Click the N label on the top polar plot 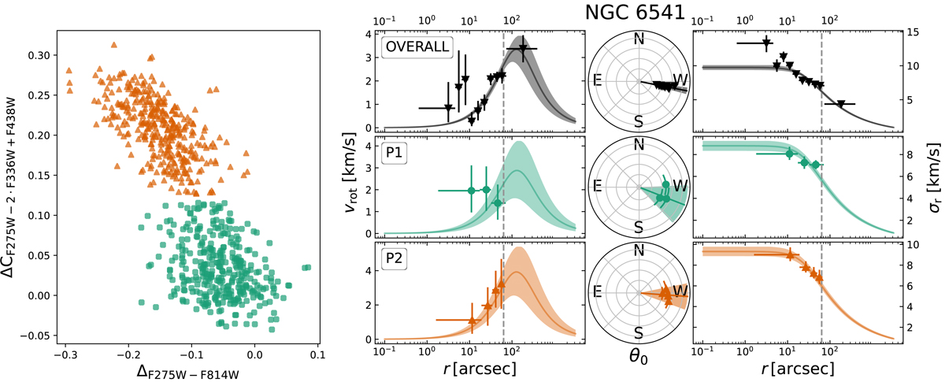click(639, 39)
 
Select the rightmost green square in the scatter click(307, 268)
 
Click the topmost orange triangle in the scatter click(114, 46)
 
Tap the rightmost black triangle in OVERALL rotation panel click(522, 49)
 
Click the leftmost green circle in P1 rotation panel click(471, 191)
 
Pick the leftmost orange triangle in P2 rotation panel click(471, 321)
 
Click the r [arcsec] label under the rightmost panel click(795, 367)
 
